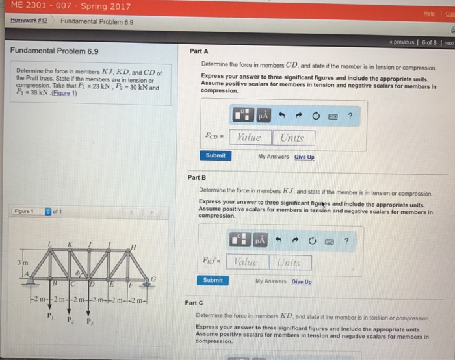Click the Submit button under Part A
(x=216, y=156)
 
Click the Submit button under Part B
(x=213, y=281)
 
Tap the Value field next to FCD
(x=249, y=138)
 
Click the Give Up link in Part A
(x=304, y=157)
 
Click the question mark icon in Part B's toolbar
(x=346, y=241)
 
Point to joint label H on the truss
(x=133, y=248)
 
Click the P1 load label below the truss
(x=50, y=316)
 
